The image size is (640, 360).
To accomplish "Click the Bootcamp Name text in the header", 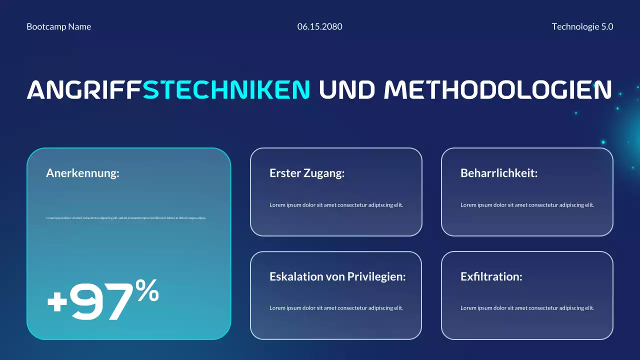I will tap(58, 27).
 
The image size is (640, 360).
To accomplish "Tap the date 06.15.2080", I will tap(319, 27).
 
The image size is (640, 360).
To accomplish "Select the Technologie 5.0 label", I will tap(582, 27).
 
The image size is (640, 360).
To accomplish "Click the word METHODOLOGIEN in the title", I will tap(497, 89).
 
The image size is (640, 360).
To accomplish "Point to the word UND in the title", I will tap(346, 89).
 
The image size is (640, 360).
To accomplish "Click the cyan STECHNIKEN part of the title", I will tap(226, 89).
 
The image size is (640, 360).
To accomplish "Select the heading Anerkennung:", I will tap(82, 173).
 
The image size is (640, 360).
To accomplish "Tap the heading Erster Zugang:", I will tap(307, 173).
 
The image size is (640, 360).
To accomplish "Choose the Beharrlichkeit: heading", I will tap(498, 173).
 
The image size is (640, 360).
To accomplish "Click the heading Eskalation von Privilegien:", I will tap(337, 276).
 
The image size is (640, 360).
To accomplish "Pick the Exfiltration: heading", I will tap(491, 276).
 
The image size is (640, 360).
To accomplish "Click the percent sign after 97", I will tap(147, 291).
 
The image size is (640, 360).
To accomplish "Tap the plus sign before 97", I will tap(57, 302).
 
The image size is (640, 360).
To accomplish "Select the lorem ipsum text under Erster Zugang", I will tap(336, 205).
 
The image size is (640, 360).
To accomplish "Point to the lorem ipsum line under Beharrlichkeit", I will tap(527, 205).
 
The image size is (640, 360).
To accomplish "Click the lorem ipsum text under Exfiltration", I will tap(527, 308).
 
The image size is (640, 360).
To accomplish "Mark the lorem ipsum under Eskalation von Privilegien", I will tap(336, 308).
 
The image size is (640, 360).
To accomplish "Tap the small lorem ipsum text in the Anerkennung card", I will tap(126, 218).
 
